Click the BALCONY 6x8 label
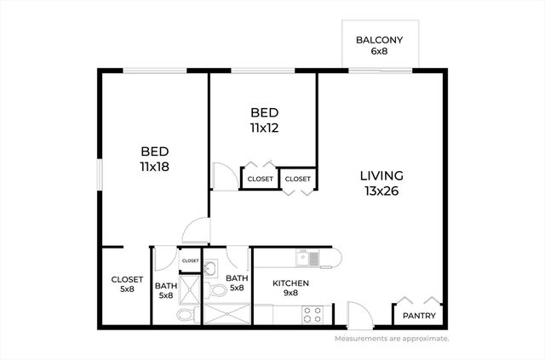pyautogui.click(x=379, y=45)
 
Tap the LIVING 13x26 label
pyautogui.click(x=381, y=183)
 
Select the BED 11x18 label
pyautogui.click(x=155, y=159)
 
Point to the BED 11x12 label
pyautogui.click(x=265, y=120)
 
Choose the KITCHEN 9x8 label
pyautogui.click(x=290, y=288)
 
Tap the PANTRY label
pyautogui.click(x=418, y=317)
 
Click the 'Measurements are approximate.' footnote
pyautogui.click(x=392, y=338)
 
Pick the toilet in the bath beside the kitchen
pyautogui.click(x=218, y=290)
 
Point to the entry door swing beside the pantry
pyautogui.click(x=359, y=314)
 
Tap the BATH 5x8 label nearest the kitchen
pyautogui.click(x=236, y=283)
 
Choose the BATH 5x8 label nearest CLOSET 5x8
pyautogui.click(x=165, y=291)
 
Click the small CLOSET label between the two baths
pyautogui.click(x=189, y=260)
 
